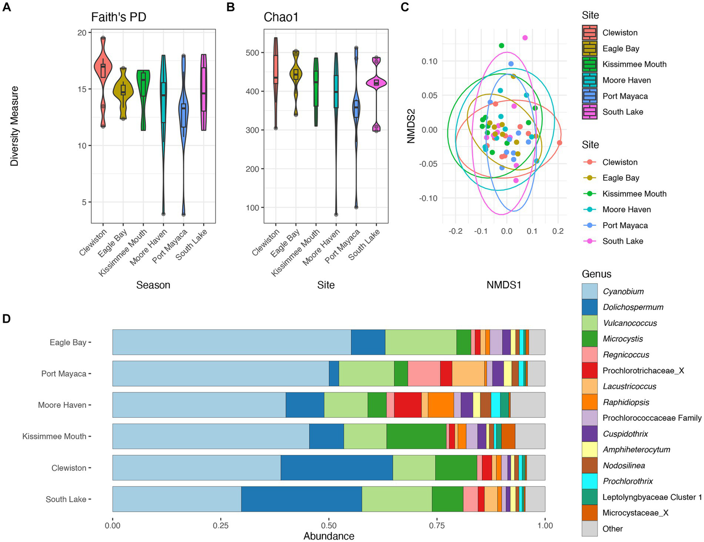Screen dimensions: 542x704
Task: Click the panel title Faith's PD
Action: click(118, 17)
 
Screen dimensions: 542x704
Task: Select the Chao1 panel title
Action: click(281, 17)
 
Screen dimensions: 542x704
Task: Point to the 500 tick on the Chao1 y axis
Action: click(252, 53)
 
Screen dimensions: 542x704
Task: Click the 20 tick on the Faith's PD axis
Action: click(82, 33)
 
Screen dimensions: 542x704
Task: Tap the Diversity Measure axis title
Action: click(14, 126)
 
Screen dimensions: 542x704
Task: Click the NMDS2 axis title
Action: click(411, 126)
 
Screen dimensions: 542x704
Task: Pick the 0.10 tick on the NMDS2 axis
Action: click(429, 61)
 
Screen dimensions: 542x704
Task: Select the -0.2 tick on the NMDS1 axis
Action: click(455, 231)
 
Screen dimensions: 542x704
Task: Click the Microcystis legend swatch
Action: click(589, 339)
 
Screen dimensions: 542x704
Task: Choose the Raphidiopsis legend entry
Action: click(626, 402)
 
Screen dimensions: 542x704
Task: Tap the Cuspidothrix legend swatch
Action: click(589, 434)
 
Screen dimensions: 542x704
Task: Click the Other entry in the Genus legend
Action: click(612, 529)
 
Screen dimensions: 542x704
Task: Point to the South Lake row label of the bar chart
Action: click(66, 499)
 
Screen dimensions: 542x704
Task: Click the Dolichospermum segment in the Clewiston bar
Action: click(336, 468)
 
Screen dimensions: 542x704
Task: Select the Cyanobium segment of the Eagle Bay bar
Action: click(232, 342)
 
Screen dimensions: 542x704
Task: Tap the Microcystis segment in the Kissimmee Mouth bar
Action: click(416, 436)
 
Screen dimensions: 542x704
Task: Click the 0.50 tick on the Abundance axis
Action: click(329, 526)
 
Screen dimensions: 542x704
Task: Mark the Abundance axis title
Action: click(329, 536)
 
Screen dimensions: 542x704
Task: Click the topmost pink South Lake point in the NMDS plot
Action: click(525, 38)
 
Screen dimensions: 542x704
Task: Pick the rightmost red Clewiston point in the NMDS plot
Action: click(559, 143)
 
